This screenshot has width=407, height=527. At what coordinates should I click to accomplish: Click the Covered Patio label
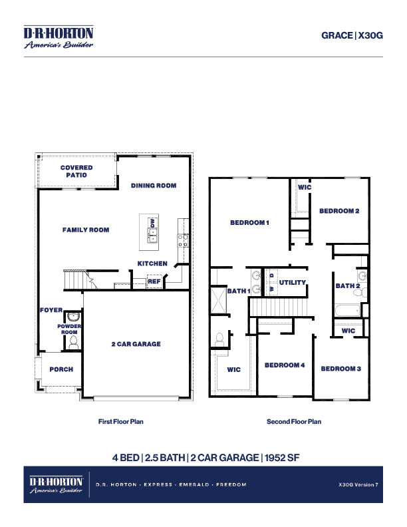(x=76, y=171)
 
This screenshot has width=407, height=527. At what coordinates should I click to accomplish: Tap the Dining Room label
(x=154, y=186)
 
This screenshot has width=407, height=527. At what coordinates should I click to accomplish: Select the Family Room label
(x=86, y=230)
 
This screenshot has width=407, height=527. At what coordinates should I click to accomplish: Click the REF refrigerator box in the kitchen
(x=154, y=281)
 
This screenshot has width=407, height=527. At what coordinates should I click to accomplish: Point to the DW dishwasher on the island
(x=152, y=224)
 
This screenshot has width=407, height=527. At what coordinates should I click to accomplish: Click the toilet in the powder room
(x=73, y=342)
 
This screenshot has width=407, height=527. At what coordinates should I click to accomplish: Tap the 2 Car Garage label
(x=136, y=344)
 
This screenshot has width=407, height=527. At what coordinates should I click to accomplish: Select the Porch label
(x=61, y=369)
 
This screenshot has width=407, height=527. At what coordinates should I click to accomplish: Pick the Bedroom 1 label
(x=249, y=223)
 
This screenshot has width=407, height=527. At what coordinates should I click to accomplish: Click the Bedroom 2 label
(x=339, y=211)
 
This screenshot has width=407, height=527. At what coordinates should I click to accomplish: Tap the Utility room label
(x=293, y=283)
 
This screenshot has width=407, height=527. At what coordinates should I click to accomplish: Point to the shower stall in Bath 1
(x=219, y=299)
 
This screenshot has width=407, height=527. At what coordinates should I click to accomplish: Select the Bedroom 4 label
(x=285, y=365)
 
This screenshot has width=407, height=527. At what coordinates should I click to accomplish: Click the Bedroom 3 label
(x=340, y=369)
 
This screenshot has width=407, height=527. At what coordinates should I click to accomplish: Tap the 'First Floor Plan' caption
(x=120, y=421)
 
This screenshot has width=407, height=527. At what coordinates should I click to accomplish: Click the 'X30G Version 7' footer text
(x=358, y=485)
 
